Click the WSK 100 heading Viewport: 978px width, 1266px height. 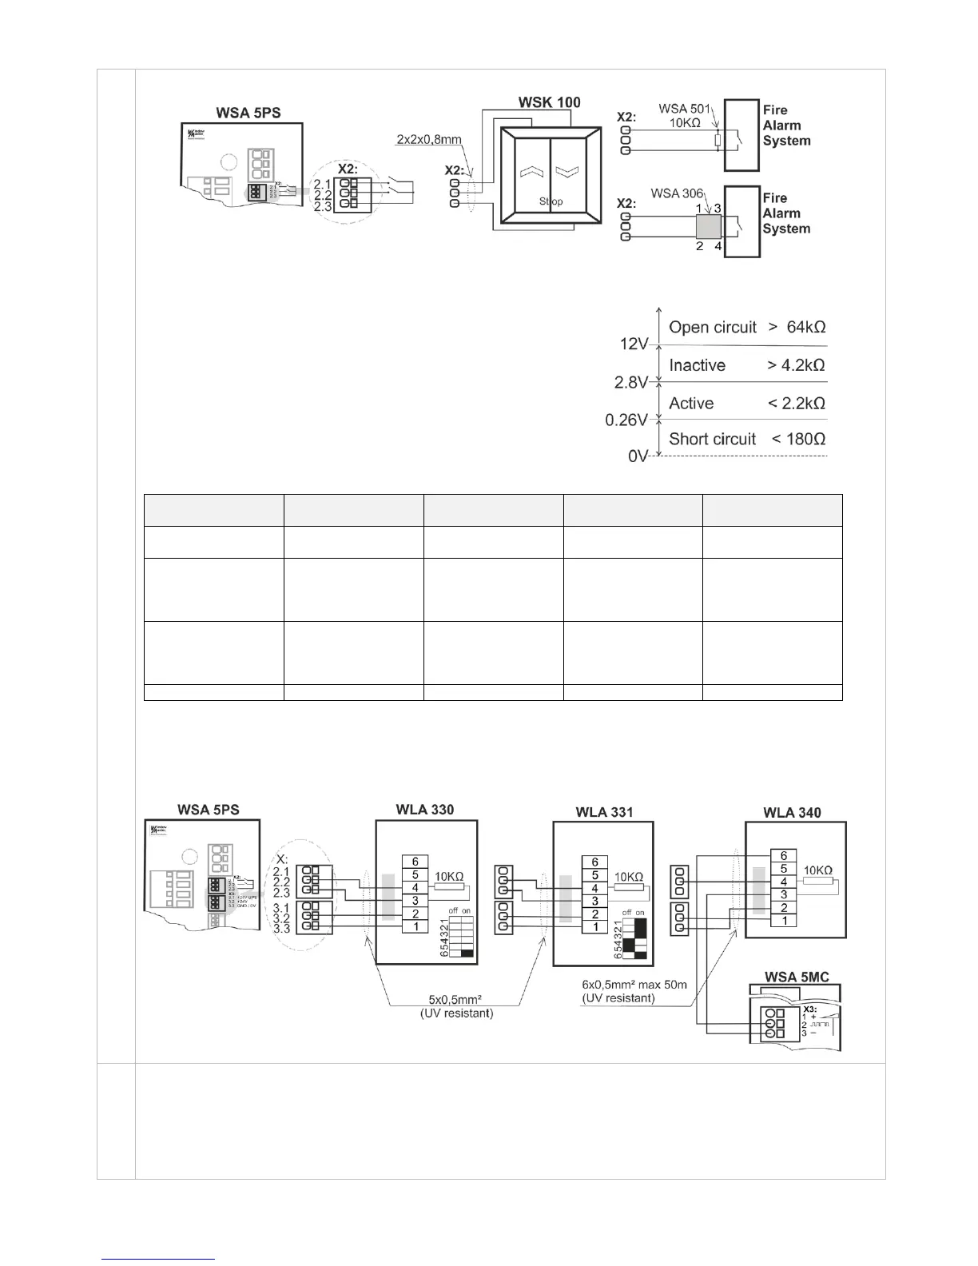tap(549, 103)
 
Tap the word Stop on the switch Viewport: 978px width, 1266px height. tap(551, 201)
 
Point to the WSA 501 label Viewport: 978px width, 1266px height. tap(684, 109)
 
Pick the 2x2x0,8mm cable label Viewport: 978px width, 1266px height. tap(429, 139)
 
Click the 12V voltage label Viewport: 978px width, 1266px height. tap(634, 344)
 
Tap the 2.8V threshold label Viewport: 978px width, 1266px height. tap(630, 382)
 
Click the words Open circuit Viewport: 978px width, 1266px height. tap(712, 327)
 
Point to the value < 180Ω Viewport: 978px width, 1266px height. tap(798, 439)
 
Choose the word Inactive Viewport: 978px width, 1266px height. tap(697, 365)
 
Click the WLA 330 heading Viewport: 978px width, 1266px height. tap(424, 810)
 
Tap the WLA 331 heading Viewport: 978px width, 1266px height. tap(604, 812)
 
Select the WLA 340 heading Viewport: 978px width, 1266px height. tap(792, 813)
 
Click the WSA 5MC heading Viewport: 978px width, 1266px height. tap(792, 977)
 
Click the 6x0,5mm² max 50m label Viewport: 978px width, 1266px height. tap(634, 985)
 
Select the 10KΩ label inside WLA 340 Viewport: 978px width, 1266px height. tap(817, 870)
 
